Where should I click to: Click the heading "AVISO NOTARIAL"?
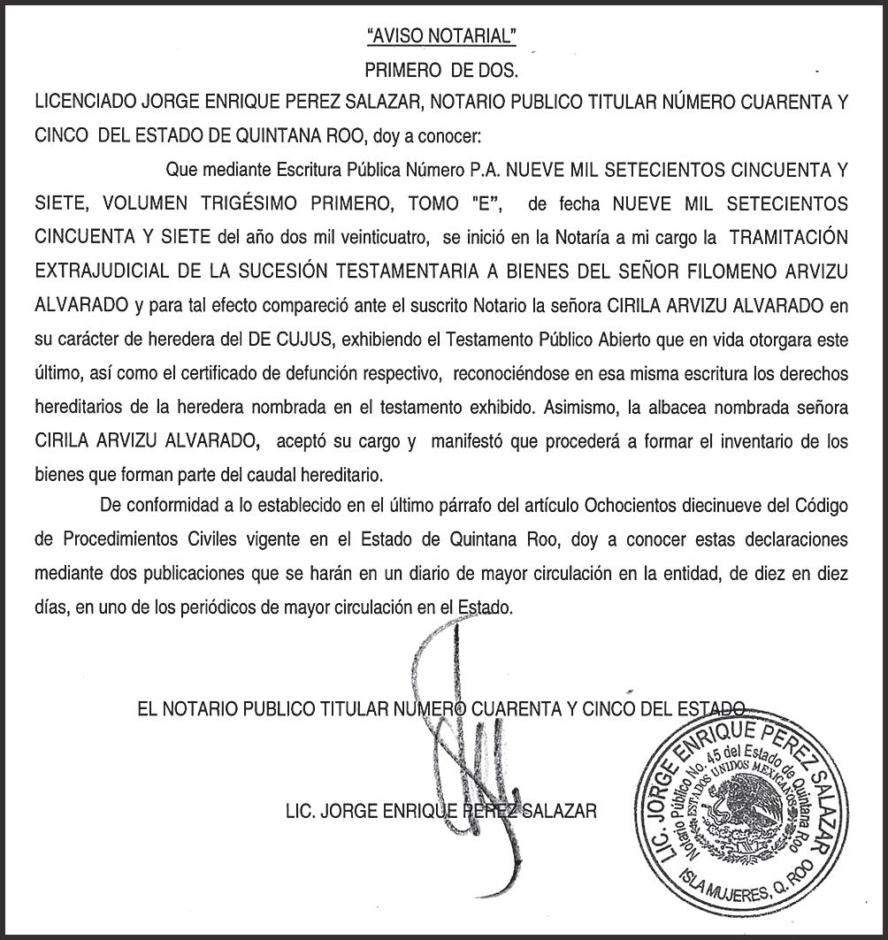click(440, 36)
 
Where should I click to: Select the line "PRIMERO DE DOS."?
click(441, 70)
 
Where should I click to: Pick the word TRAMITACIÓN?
click(785, 238)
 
